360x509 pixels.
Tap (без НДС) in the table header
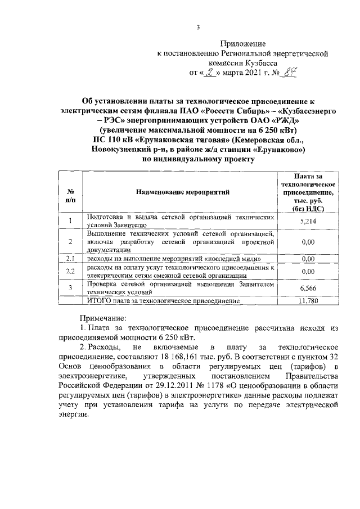coord(307,209)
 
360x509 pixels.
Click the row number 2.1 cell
coord(70,259)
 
